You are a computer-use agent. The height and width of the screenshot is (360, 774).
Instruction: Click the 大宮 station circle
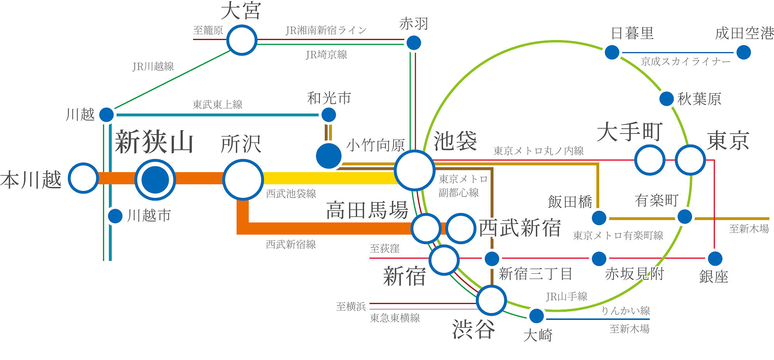pos(242,40)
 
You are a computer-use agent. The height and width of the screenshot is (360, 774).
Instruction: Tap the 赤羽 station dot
pos(413,42)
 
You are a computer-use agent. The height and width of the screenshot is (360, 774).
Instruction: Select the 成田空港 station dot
pos(743,52)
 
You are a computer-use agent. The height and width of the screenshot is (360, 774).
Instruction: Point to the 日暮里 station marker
pos(612,52)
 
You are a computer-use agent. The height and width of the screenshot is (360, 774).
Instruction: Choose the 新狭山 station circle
pos(155,180)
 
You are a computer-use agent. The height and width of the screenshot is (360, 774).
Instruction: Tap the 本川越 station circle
pos(83,178)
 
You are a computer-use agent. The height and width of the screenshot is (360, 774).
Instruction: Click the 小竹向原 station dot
pos(329,156)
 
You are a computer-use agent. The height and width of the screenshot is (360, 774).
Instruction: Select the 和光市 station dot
pos(329,115)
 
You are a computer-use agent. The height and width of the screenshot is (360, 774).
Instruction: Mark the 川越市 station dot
pos(115,216)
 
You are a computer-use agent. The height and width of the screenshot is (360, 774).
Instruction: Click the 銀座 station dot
pos(715,258)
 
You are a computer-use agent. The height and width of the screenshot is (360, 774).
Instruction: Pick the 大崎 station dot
pos(537,315)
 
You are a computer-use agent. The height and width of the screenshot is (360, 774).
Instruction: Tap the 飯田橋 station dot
pos(599,217)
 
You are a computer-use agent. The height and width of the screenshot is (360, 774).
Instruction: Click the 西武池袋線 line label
pos(291,194)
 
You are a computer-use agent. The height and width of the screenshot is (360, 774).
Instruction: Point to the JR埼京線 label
pos(326,55)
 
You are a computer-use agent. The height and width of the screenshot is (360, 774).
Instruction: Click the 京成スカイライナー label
pos(686,62)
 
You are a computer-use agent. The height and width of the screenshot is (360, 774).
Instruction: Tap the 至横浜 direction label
pos(351,306)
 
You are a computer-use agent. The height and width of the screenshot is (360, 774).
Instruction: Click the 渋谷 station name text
pos(473,329)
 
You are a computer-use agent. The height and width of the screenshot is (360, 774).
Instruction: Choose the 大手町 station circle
pos(649,159)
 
